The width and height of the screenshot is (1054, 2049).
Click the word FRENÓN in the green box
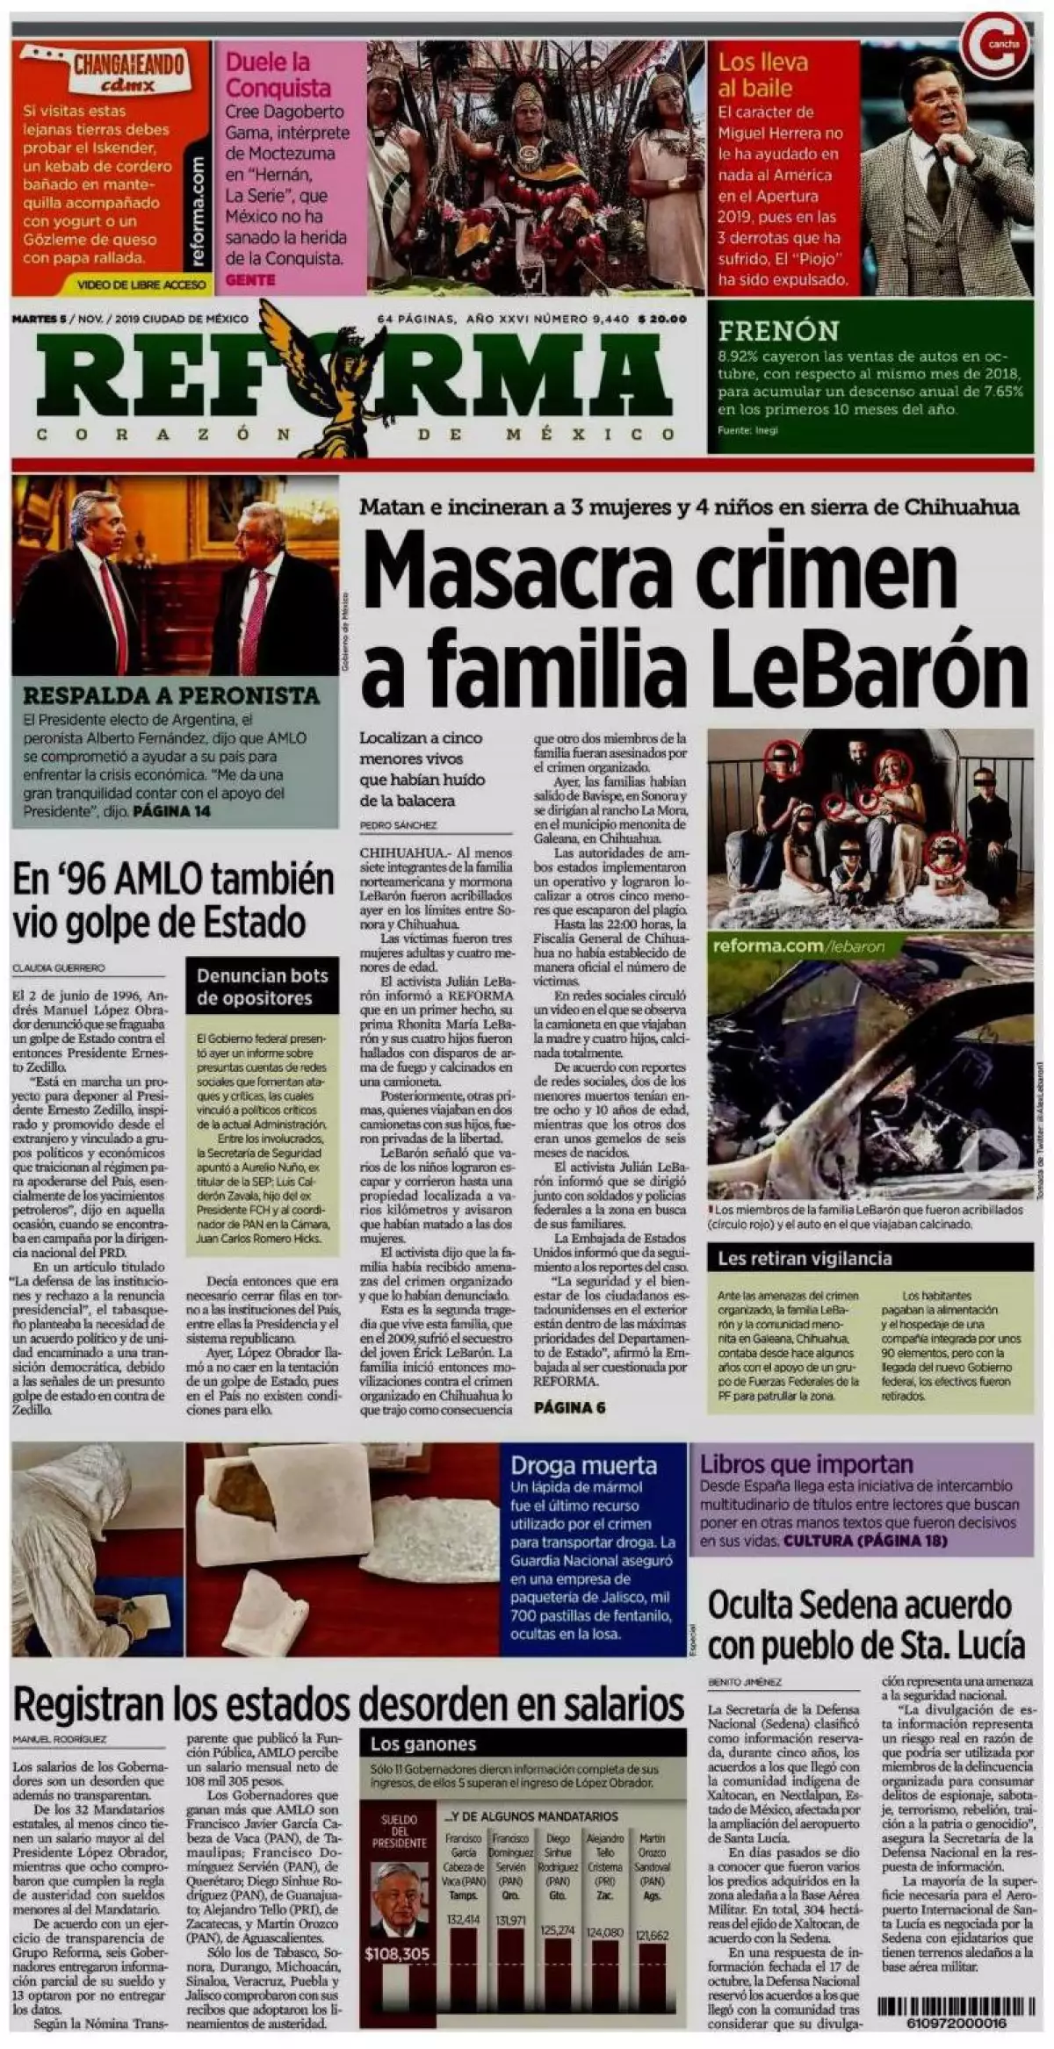point(778,331)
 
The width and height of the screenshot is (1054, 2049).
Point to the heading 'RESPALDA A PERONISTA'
point(171,695)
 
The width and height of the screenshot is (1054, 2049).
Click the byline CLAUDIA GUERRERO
point(58,967)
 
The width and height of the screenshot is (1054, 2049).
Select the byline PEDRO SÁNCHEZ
point(398,825)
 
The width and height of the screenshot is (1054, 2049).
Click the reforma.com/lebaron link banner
point(798,946)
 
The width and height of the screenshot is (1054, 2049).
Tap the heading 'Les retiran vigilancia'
point(805,1258)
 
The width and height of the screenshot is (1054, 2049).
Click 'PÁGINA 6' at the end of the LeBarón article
point(569,1407)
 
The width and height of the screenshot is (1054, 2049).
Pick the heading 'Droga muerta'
point(583,1465)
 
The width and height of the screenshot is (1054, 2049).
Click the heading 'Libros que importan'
point(806,1464)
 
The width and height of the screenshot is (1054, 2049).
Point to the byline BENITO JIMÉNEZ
point(744,1681)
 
